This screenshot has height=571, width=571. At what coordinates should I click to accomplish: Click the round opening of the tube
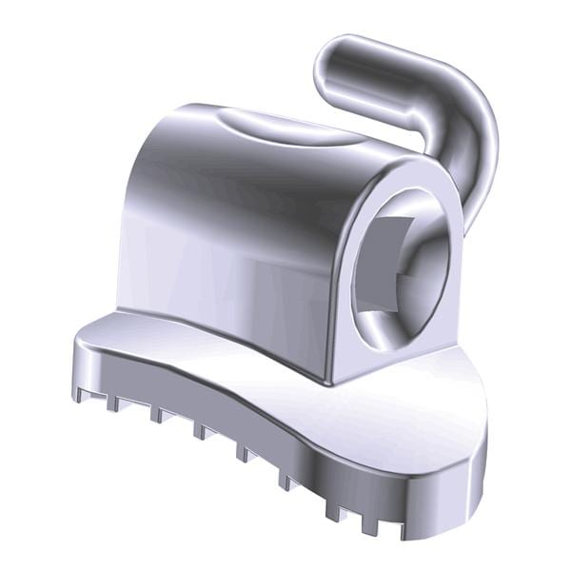click(400, 266)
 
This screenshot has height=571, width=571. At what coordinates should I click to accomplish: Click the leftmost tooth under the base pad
click(84, 391)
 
